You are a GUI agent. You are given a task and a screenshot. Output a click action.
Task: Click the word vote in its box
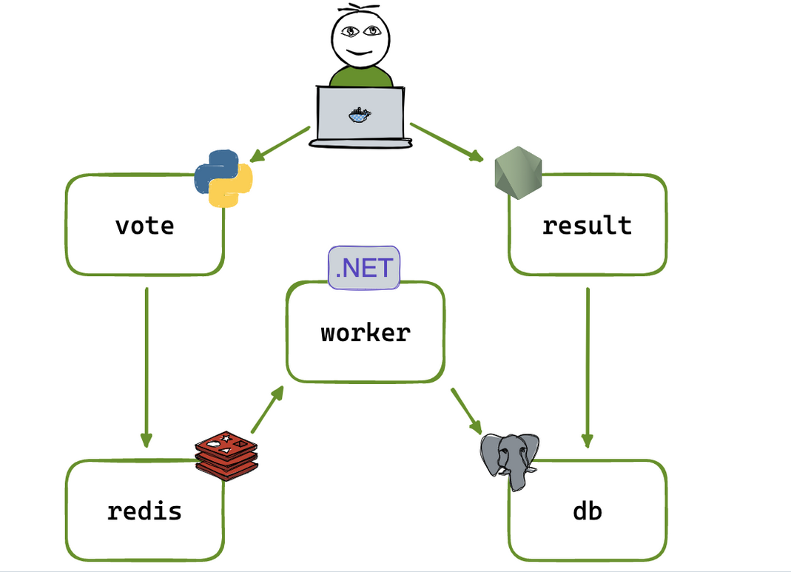click(145, 225)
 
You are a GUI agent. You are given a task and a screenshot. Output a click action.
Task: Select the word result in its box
click(587, 225)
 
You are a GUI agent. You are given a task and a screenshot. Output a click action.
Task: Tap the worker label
click(366, 332)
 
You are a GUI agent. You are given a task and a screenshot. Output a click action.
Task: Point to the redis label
click(144, 511)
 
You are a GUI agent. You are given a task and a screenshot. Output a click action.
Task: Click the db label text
click(588, 511)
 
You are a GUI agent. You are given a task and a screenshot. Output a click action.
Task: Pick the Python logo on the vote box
click(223, 178)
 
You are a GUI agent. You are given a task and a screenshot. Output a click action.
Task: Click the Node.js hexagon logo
click(518, 173)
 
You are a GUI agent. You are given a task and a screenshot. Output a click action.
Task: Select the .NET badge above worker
click(364, 267)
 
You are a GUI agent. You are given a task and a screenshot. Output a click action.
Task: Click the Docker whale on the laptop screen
click(360, 114)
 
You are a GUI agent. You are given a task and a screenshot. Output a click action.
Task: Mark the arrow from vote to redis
click(147, 366)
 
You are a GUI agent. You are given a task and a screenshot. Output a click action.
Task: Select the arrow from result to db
click(588, 366)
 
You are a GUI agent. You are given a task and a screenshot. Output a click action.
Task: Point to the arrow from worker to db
click(467, 411)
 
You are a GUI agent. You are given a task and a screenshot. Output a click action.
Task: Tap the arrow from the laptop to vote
click(280, 144)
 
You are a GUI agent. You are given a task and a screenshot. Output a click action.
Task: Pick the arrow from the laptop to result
click(446, 142)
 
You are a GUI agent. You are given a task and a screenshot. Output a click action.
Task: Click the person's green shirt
click(360, 77)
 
